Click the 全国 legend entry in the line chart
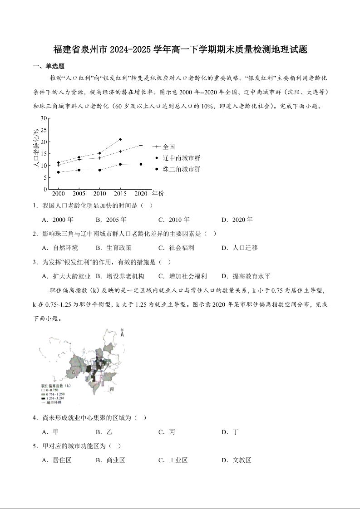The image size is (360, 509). pos(168,147)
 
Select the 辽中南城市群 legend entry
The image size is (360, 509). pos(181,158)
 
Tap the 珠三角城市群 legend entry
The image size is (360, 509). pos(181,169)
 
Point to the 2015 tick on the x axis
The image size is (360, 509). pos(120,193)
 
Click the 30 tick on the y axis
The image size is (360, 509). pos(44,118)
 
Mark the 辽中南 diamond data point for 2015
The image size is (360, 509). pos(120,139)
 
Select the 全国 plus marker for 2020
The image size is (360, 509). pos(141,146)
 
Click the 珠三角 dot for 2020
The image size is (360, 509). pos(141,164)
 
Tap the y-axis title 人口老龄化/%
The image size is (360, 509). pos(36,148)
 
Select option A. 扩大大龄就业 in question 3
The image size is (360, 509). pos(66,276)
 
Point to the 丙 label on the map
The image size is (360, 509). pos(111,389)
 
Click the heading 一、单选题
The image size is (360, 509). pos(49,66)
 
